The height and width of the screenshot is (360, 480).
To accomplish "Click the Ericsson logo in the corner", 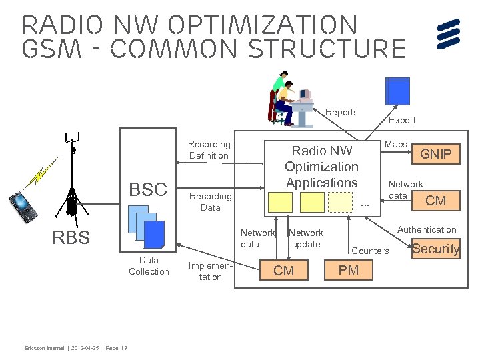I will pos(449,35).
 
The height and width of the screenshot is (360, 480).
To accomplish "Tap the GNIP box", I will pos(435,155).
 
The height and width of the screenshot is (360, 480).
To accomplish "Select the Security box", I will pos(435,249).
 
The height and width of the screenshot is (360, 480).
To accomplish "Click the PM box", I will pos(348,270).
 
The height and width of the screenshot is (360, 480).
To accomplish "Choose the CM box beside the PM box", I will pos(283,270).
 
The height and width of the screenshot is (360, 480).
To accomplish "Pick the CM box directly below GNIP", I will pos(435,200).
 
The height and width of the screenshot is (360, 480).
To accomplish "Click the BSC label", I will pos(147,189).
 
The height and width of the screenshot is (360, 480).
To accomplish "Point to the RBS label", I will pos(71,238).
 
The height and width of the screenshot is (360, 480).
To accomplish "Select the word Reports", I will pos(341,113).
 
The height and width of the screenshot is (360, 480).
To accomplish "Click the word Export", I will pos(402,121).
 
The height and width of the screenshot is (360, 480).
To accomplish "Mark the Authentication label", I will pos(427,230).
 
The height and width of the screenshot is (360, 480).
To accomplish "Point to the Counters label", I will pos(370,251).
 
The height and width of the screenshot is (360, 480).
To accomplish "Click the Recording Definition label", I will pos(209,150).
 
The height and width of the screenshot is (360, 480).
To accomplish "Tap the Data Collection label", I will pos(149,266).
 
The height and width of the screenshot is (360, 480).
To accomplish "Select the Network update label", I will pos(305,239).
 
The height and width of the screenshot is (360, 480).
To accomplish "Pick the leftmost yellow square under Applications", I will pos(281,202).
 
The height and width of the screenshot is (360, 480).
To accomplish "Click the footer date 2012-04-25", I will pos(86,349).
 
